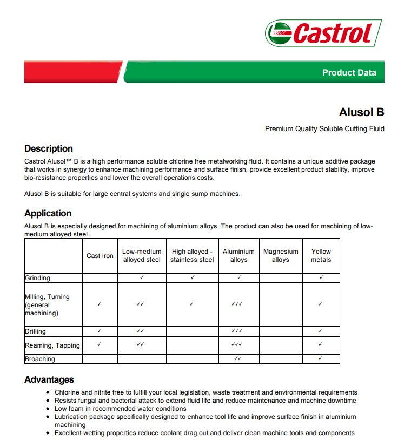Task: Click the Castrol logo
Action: coord(323,33)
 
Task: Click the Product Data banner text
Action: coord(349,73)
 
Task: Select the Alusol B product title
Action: coord(361,112)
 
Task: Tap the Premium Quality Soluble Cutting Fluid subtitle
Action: coord(324,129)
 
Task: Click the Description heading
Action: coord(49,148)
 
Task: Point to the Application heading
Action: coord(48,213)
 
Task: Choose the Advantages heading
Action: coord(49,379)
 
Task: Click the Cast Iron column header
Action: coord(100,256)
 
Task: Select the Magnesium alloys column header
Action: coord(281,255)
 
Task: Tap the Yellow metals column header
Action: coord(321,255)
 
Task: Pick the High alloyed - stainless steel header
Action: coord(192,255)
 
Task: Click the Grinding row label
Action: coord(37,278)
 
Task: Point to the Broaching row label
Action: coord(40,359)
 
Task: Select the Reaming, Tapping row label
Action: coord(52,345)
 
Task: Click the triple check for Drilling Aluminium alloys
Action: coord(237,331)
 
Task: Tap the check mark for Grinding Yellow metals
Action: coord(321,277)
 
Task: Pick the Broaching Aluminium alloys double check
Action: coord(237,358)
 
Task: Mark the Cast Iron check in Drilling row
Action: coord(100,331)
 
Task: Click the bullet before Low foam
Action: coord(49,409)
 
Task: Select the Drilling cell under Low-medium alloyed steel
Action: coord(141,331)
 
